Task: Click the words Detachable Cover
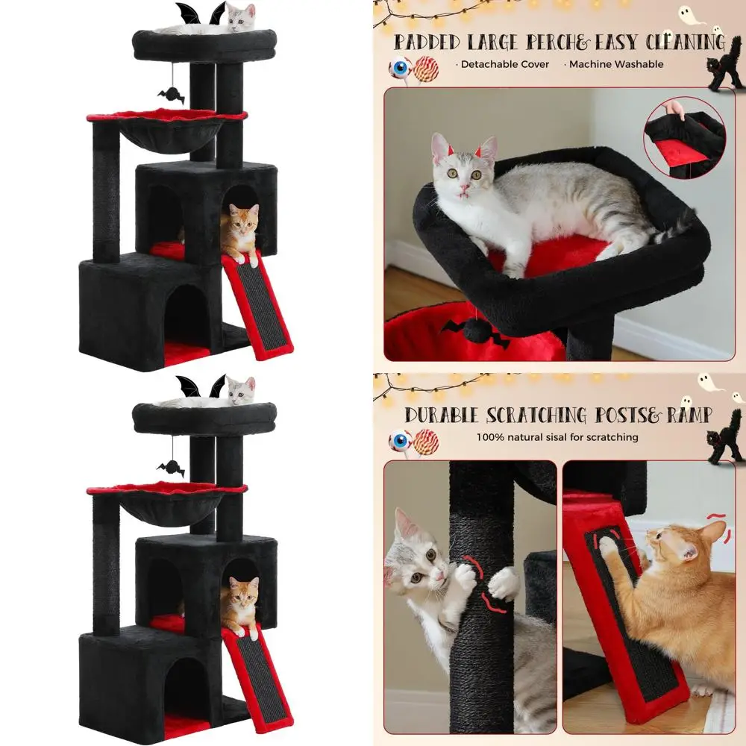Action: click(x=505, y=64)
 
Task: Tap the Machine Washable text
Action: click(x=615, y=64)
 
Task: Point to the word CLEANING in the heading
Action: click(x=683, y=42)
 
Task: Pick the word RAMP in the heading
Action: click(x=684, y=416)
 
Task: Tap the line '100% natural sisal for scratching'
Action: click(x=557, y=437)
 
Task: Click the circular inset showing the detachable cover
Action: click(x=683, y=138)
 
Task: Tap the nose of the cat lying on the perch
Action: click(x=464, y=186)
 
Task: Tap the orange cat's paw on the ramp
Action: click(x=609, y=547)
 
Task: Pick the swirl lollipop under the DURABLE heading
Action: click(x=425, y=442)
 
